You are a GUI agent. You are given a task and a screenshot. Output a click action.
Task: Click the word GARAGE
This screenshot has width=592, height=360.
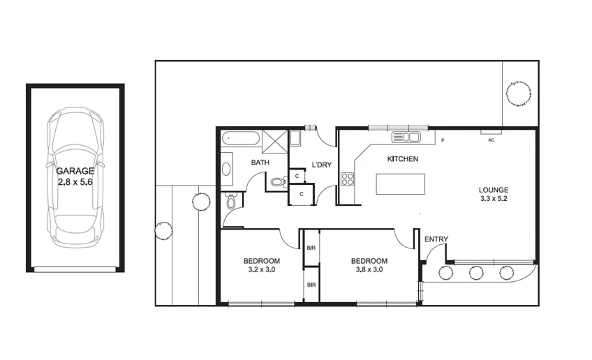pos(75,170)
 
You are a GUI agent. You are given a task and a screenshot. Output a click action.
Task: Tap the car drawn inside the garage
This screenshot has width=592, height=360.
pos(75,177)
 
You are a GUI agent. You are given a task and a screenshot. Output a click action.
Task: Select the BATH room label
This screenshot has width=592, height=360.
pos(260,163)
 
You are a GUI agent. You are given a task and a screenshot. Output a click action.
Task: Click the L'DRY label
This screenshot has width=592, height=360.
pos(321,165)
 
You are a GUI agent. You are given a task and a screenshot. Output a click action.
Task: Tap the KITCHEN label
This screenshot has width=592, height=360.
pos(403,159)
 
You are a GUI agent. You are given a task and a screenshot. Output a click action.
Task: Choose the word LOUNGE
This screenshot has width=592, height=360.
pos(494,190)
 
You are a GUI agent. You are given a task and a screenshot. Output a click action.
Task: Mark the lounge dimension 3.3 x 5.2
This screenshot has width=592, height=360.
pos(494,199)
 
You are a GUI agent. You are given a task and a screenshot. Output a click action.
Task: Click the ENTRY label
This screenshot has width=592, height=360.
pos(436,240)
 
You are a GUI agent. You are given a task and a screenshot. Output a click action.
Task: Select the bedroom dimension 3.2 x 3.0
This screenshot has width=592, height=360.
pos(262,269)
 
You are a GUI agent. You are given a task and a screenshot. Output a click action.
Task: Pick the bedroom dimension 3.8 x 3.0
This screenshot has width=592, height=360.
pos(369,269)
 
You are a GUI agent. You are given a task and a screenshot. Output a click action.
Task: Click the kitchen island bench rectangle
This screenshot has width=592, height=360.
pos(400,184)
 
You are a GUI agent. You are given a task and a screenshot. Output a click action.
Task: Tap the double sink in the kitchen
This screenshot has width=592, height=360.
pos(405,137)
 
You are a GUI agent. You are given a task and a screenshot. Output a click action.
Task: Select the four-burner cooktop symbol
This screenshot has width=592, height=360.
pos(347,179)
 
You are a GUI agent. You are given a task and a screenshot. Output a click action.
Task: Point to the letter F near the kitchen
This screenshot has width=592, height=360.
pos(443,142)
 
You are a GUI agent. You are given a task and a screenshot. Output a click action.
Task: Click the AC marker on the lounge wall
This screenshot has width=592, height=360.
pos(491,140)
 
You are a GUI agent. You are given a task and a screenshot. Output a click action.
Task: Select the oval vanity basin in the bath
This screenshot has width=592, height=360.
pos(227,168)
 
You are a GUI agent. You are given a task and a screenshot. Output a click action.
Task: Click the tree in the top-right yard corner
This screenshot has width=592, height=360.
pos(519,92)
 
